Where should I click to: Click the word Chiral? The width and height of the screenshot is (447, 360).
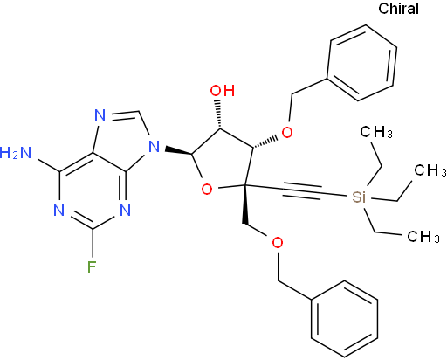click(x=398, y=9)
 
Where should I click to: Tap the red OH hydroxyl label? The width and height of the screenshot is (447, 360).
click(x=223, y=91)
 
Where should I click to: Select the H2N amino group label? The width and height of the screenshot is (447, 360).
click(x=16, y=153)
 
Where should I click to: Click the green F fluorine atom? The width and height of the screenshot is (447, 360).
click(x=92, y=267)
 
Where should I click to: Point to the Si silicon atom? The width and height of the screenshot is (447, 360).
click(x=358, y=197)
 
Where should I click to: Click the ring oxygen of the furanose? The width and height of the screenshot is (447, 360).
click(x=207, y=190)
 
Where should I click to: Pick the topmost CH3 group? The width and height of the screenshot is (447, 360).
click(x=376, y=132)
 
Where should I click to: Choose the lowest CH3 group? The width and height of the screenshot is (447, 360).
click(x=423, y=237)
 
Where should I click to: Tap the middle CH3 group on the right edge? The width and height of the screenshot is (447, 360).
click(x=430, y=170)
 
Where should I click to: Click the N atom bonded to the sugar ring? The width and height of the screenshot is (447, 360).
click(x=155, y=147)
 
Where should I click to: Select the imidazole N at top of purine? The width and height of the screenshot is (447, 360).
click(x=100, y=115)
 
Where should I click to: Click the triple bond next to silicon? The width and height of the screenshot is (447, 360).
click(x=302, y=191)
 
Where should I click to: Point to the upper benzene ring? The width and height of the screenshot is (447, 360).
click(x=361, y=63)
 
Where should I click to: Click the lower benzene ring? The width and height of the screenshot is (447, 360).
click(x=345, y=319)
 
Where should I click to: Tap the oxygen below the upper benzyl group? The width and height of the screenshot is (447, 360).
click(x=287, y=133)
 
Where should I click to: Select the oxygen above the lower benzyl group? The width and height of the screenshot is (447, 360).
click(x=278, y=242)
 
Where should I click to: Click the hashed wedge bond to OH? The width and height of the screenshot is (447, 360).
click(x=218, y=114)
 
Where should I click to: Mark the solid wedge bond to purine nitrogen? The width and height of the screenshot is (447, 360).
click(x=178, y=151)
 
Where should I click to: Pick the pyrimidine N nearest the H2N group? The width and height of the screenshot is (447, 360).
click(x=58, y=210)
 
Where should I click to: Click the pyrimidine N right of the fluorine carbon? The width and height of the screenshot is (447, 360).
click(x=125, y=210)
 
